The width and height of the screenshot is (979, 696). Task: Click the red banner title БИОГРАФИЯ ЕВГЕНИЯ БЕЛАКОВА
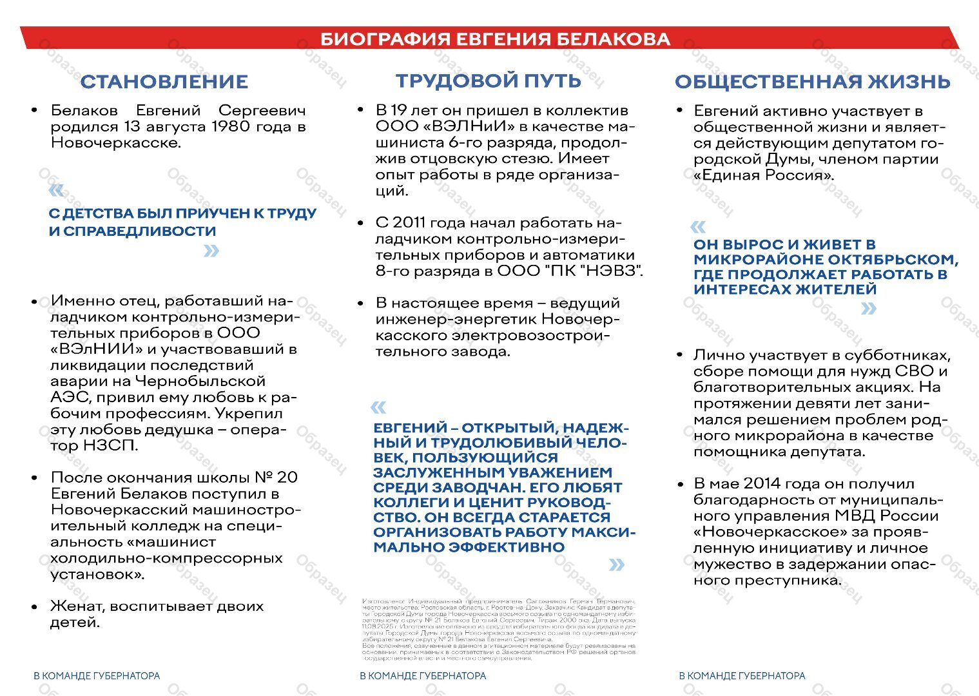pos(495,39)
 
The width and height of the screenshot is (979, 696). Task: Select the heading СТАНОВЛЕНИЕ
pos(164,82)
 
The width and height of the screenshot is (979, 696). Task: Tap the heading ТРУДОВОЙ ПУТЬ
pos(488,81)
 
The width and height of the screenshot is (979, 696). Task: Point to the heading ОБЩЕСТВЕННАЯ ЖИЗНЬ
pos(812,82)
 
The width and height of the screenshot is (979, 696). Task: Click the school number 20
pos(287,478)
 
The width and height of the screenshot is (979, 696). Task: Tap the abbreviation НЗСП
pos(110,445)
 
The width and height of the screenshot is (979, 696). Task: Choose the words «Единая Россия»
pos(764,175)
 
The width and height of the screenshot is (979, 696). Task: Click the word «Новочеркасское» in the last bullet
pos(771,532)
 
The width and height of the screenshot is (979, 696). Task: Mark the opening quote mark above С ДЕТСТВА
pos(57,191)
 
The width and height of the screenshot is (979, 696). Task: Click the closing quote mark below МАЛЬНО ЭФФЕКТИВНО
pos(617,565)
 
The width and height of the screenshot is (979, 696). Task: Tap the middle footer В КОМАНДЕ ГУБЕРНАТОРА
pos(423,676)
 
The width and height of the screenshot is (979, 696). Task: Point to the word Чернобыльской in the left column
pos(210,381)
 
